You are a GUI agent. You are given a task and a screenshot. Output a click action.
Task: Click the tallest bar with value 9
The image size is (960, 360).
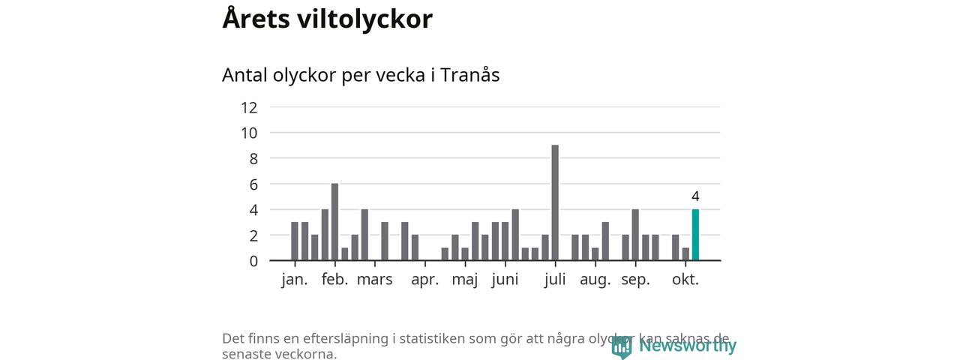[x=555, y=202]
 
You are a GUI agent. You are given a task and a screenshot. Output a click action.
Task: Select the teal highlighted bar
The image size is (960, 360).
[x=695, y=235]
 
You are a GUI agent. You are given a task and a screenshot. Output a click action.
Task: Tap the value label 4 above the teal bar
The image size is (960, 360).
[x=695, y=196]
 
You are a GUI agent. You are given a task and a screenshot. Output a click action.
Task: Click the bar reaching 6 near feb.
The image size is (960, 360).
[x=334, y=222]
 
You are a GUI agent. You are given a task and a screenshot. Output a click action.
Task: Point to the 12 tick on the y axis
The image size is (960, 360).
[x=249, y=107]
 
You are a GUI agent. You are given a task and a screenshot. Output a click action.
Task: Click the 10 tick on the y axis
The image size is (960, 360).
[x=249, y=133]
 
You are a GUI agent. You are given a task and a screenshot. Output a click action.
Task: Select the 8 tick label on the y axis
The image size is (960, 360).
[x=253, y=158]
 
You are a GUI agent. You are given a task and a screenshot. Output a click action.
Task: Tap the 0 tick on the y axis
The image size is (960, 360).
[x=253, y=261]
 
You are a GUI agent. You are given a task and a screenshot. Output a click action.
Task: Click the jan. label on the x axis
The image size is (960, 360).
[x=295, y=280]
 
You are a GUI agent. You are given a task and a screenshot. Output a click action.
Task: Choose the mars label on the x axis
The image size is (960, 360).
[x=374, y=280]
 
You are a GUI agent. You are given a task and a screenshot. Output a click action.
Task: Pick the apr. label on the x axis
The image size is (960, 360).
[x=425, y=280]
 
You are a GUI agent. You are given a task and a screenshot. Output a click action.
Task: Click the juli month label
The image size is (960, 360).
[x=556, y=280]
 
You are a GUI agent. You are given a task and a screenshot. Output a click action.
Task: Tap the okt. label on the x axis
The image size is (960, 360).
[x=685, y=280]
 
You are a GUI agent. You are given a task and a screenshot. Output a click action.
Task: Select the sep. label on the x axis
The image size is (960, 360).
[x=635, y=280]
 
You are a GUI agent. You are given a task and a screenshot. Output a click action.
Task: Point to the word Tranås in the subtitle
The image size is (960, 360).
[x=469, y=75]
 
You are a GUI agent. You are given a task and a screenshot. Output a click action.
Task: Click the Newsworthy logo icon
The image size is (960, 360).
[x=621, y=346]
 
